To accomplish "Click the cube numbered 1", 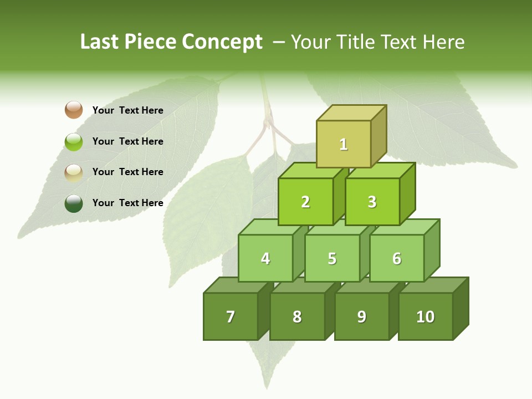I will tap(344, 144).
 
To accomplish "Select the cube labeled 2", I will tap(305, 202).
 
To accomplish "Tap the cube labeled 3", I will tap(372, 202).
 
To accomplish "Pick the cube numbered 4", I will tap(265, 258).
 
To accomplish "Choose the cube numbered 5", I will tap(332, 258).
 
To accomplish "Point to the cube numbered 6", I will tap(397, 258).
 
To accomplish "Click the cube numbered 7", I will tap(231, 316).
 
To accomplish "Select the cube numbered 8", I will tap(297, 316).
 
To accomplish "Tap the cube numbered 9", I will tap(361, 316).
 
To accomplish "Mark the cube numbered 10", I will tap(426, 316).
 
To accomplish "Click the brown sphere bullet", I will tap(74, 110).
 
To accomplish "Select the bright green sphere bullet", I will tap(74, 141).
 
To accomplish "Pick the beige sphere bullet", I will tap(74, 172).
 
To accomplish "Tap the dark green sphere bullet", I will tap(74, 203).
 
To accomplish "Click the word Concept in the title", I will tap(222, 42).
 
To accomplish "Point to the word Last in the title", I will tap(99, 42).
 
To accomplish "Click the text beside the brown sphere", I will tap(128, 110).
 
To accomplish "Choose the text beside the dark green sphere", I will tap(128, 203).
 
